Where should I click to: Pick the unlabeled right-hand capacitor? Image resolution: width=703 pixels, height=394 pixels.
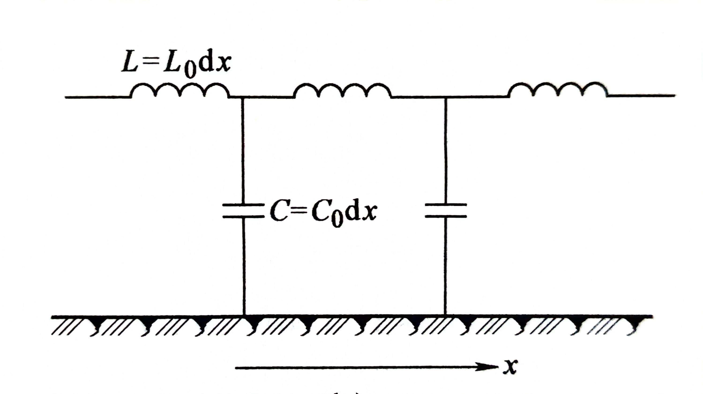coord(446,210)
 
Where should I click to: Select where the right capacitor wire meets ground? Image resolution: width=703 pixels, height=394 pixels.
coord(445,316)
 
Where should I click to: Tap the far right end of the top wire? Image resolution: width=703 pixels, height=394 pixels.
coord(674,96)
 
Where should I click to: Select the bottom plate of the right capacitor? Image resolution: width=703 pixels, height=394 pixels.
coord(446,217)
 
